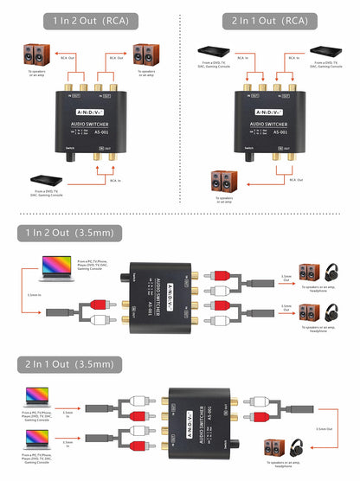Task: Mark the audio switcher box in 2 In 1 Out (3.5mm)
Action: pyautogui.click(x=198, y=420)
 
